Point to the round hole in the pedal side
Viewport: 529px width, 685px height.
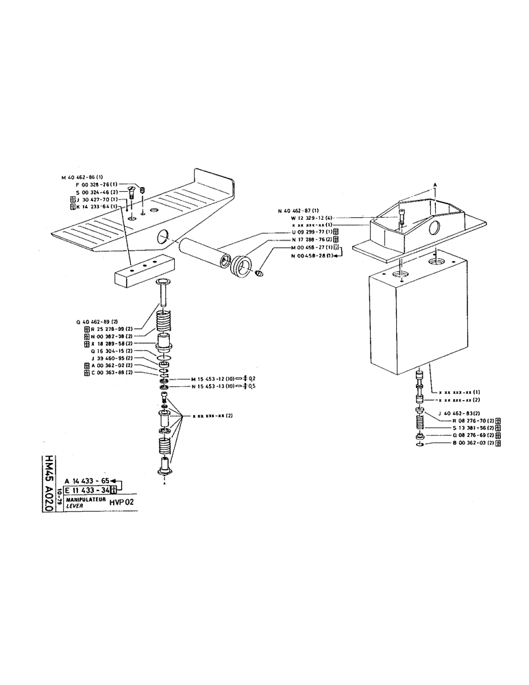(x=164, y=237)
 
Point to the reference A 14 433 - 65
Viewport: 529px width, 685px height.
(x=86, y=481)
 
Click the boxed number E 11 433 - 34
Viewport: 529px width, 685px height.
(x=87, y=489)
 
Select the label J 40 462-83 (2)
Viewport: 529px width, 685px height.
(x=460, y=414)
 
